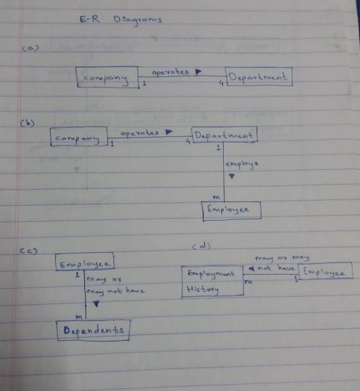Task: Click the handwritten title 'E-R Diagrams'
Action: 121,20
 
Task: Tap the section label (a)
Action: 30,48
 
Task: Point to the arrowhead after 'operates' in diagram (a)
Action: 199,72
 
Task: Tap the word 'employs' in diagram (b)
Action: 242,165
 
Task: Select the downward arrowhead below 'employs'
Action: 232,176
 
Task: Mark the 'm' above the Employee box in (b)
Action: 217,197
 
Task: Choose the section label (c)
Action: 29,251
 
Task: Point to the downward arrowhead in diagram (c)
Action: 96,304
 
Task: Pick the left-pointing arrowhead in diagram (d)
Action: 252,269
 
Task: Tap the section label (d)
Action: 201,246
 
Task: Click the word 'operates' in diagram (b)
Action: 139,133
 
